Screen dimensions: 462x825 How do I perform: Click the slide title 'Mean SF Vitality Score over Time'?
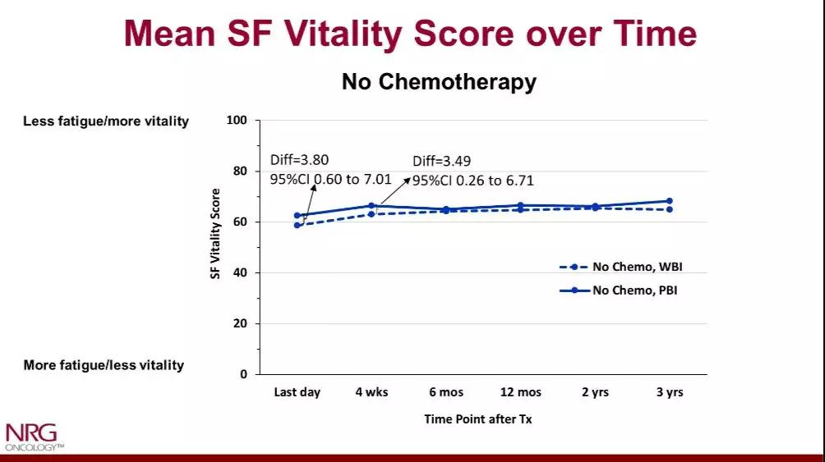click(411, 34)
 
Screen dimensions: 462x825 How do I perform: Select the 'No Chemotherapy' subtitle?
click(439, 82)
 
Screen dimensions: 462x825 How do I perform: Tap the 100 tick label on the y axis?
click(237, 121)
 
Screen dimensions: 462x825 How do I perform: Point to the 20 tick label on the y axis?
click(239, 323)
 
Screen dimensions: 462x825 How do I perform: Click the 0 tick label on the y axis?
click(242, 374)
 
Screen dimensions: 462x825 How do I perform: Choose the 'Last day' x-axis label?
click(297, 392)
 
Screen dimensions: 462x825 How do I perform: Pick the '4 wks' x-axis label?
click(371, 392)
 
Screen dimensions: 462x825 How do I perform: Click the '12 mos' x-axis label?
click(520, 392)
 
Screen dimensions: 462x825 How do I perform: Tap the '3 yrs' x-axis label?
click(670, 392)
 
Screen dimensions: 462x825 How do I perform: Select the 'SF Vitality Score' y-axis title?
click(216, 234)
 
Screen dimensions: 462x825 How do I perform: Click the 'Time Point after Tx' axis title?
click(478, 419)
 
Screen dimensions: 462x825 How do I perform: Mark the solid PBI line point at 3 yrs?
click(670, 201)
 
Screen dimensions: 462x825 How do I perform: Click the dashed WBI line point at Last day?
click(297, 225)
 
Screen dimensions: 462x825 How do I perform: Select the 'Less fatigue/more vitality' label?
click(106, 121)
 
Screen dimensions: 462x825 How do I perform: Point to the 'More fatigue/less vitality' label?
click(104, 365)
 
